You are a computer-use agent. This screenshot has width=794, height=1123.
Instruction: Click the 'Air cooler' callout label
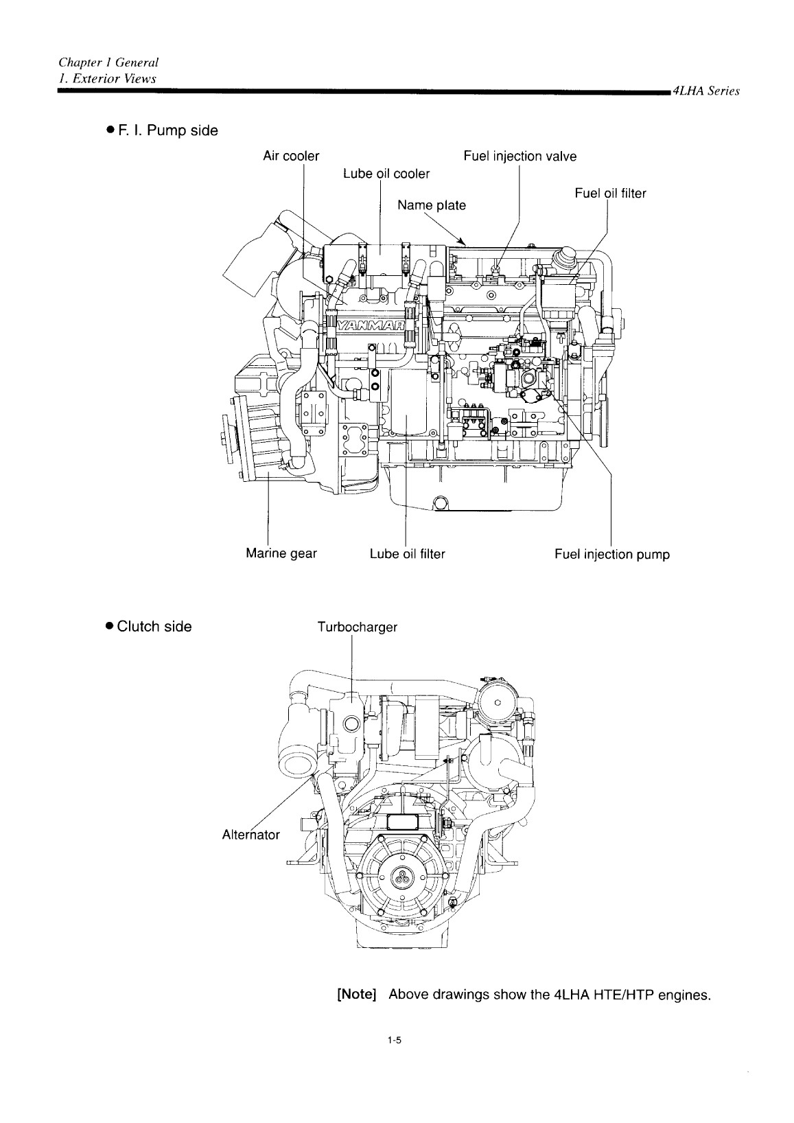[291, 156]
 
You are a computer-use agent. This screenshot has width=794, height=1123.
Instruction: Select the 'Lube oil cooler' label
[386, 174]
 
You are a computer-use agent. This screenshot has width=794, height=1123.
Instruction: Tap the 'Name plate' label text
[432, 205]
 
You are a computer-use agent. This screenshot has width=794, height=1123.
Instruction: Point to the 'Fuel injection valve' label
[519, 156]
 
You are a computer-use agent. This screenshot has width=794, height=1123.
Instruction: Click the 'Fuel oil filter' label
[610, 194]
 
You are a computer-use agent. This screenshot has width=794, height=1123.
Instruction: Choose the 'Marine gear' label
[281, 553]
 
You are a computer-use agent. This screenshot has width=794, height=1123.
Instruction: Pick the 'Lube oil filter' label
[407, 553]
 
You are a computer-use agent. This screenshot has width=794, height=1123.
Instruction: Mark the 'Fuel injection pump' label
[611, 553]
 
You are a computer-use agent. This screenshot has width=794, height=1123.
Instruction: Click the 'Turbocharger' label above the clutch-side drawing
[357, 627]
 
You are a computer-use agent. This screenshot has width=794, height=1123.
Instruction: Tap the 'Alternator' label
[251, 835]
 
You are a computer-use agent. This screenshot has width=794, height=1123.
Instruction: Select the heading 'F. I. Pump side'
[158, 130]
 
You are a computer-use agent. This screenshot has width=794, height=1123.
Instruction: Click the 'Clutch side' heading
[154, 626]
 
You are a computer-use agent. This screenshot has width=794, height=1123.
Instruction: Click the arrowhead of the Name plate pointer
[465, 243]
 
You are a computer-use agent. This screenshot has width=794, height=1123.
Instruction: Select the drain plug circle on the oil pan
[441, 505]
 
